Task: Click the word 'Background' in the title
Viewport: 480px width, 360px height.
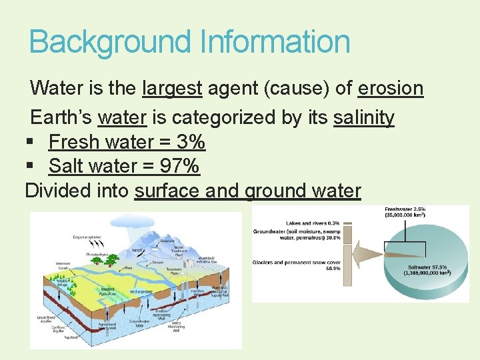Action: pos(109,41)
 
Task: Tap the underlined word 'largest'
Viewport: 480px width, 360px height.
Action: pos(173,88)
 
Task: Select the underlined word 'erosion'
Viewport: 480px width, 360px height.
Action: pos(391,88)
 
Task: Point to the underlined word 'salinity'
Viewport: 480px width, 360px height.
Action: pos(364,118)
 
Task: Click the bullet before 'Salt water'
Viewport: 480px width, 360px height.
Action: pos(31,166)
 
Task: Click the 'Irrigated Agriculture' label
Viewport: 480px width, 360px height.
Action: pos(107,292)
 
